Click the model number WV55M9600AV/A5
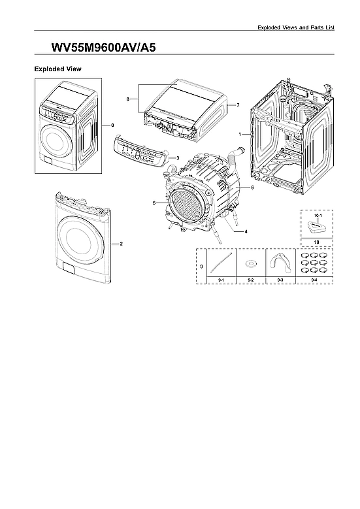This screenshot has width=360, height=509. coord(103,48)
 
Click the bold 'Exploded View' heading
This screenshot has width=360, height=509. coord(57,69)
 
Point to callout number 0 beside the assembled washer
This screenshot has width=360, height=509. coord(112,124)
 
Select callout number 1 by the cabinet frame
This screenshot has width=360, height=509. coord(240,134)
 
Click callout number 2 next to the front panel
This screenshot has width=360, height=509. coord(121,243)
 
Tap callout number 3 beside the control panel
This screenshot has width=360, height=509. coord(178,158)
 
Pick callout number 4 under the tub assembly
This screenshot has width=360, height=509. coord(246,231)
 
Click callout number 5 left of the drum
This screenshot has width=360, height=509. coord(154,203)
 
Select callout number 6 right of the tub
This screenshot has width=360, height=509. coord(252,188)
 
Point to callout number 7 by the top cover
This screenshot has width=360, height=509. coord(238,105)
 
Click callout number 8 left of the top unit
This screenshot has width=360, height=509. coord(128,99)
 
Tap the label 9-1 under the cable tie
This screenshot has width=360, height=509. coord(220,280)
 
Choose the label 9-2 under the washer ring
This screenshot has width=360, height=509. coord(251,280)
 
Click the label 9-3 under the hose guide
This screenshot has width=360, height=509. coord(281,280)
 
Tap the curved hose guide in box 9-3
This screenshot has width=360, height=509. coord(281,262)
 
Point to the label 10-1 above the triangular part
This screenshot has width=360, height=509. coord(317,214)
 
